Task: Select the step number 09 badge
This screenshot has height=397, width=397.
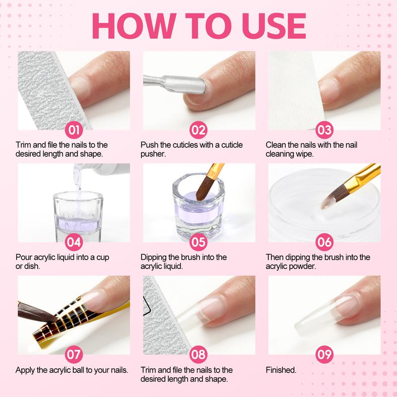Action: point(324,355)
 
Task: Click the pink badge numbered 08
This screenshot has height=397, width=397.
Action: point(198,355)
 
